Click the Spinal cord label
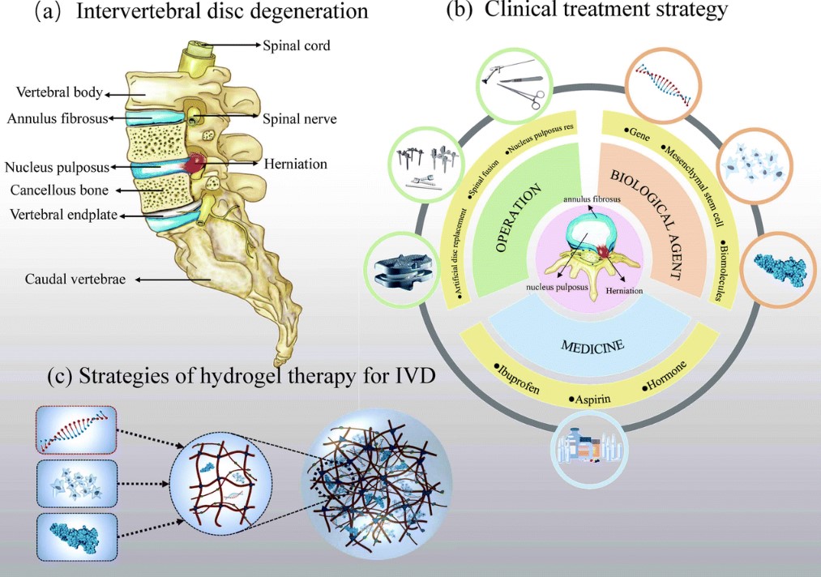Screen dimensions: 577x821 (296, 45)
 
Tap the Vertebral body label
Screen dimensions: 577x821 (53, 92)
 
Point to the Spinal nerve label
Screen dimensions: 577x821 (299, 118)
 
